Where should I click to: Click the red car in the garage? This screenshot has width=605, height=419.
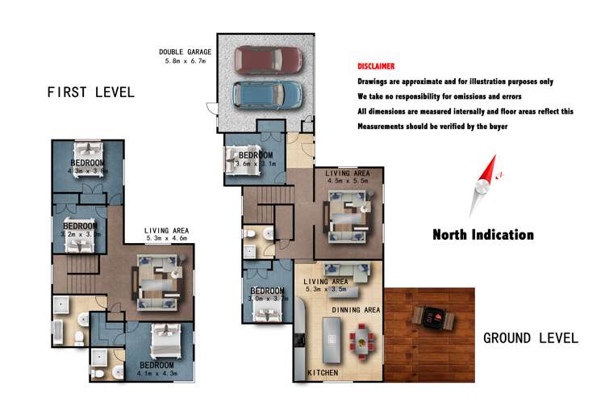269,58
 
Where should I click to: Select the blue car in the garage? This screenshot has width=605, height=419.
268,93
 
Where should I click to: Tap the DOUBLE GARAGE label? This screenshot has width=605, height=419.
186,52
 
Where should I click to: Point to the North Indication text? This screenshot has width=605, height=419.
482,235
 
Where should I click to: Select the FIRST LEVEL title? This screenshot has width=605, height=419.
90,92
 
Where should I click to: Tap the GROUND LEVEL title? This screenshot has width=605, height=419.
530,337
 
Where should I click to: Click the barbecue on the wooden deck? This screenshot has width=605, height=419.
429,317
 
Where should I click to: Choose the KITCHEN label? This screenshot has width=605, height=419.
323,372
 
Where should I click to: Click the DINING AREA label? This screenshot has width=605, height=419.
356,309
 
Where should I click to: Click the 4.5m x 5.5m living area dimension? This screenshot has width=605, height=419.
347,182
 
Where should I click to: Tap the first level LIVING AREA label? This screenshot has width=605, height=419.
166,230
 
